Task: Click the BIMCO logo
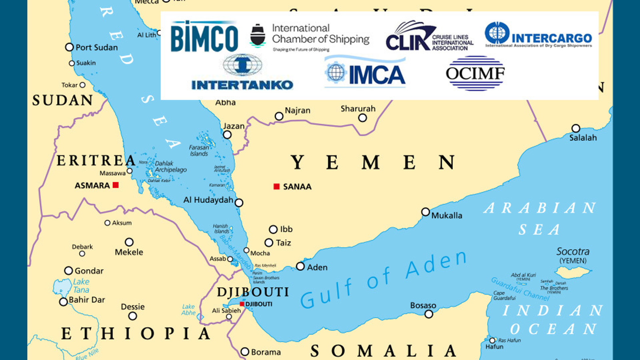(x=204, y=37)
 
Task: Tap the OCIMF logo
(x=475, y=73)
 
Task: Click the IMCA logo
(x=365, y=73)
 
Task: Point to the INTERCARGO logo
(x=538, y=36)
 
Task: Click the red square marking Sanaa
(x=276, y=186)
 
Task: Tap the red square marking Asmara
(x=116, y=185)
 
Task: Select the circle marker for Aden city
(x=300, y=266)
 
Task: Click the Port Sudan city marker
(x=69, y=47)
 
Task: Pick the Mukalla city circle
(x=426, y=212)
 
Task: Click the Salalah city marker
(x=576, y=128)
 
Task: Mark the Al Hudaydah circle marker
(x=239, y=203)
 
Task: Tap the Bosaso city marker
(x=429, y=314)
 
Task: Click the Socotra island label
(x=573, y=252)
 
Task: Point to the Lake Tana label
(x=81, y=286)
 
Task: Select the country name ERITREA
(x=96, y=160)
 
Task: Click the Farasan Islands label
(x=199, y=150)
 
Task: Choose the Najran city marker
(x=279, y=116)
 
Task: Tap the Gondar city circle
(x=69, y=271)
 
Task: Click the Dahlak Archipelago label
(x=170, y=166)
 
